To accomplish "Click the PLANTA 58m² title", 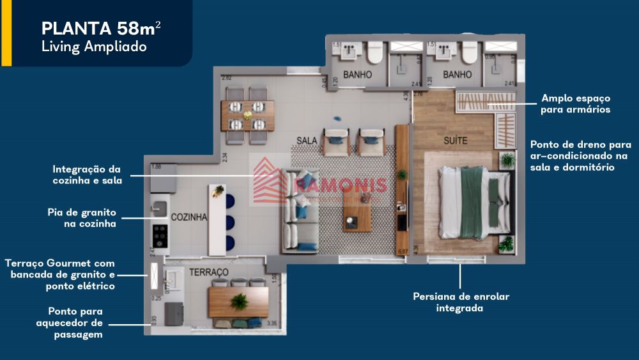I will [x=101, y=28].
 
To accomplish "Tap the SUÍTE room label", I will [x=456, y=139].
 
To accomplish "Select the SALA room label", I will [x=307, y=140].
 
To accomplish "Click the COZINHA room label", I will [x=189, y=217].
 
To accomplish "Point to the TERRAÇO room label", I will [x=208, y=272].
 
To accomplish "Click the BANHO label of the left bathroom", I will [x=357, y=75].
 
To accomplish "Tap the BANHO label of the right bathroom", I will [x=457, y=75].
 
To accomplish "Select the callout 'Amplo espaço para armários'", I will [x=575, y=104].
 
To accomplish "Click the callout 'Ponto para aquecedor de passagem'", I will [x=70, y=323].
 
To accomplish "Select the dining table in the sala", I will [x=247, y=115].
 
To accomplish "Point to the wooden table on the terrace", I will [x=238, y=301].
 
